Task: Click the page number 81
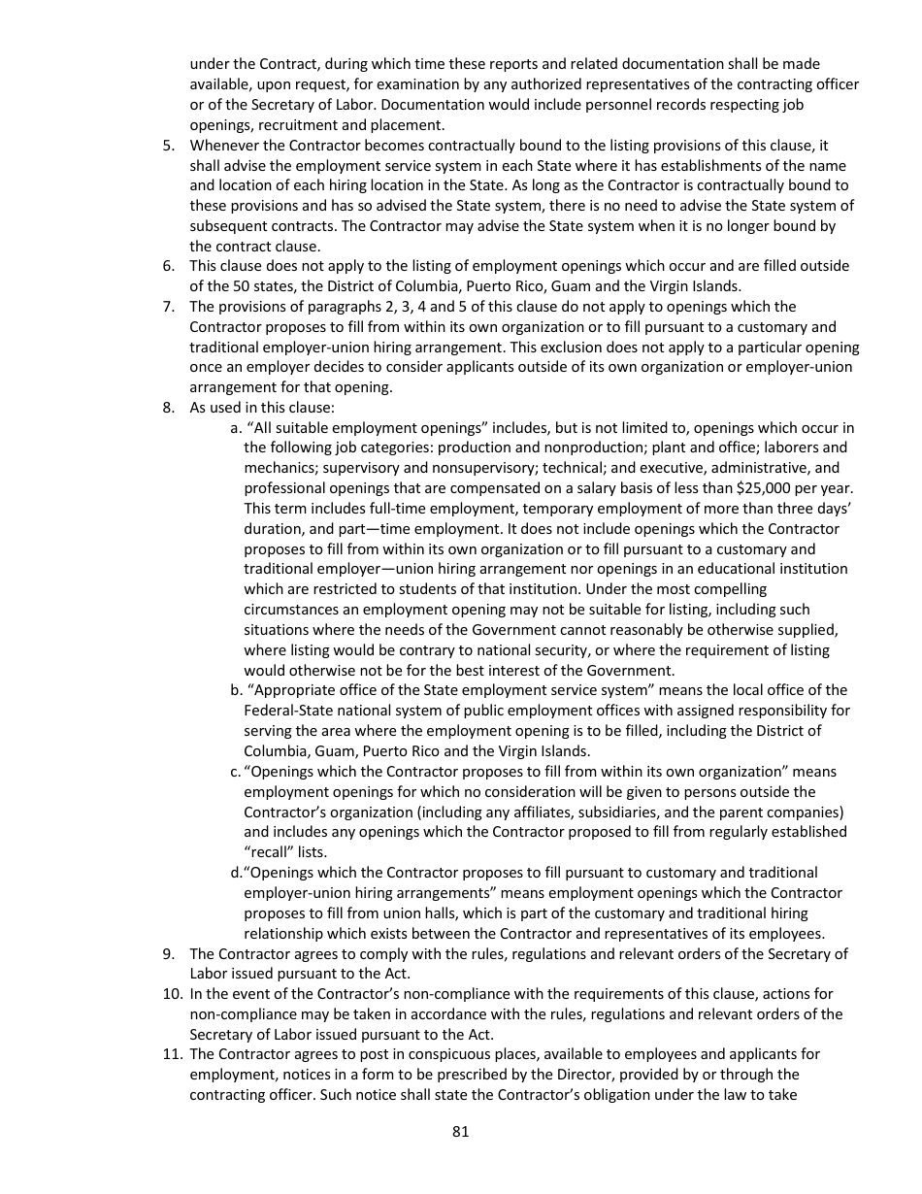[461, 1131]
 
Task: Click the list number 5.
[168, 146]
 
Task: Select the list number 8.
[168, 408]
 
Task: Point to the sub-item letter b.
[236, 690]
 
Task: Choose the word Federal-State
[287, 711]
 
